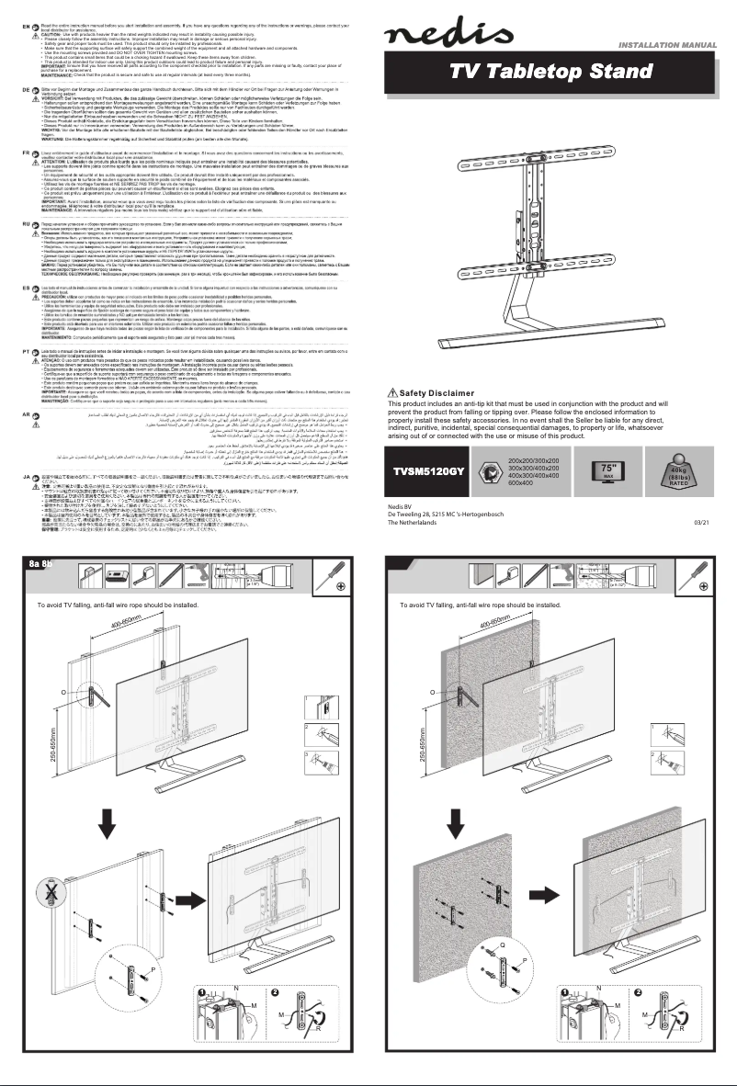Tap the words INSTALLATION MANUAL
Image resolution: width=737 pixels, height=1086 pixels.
coord(668,45)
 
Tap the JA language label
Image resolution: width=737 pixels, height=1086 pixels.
coord(10,477)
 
